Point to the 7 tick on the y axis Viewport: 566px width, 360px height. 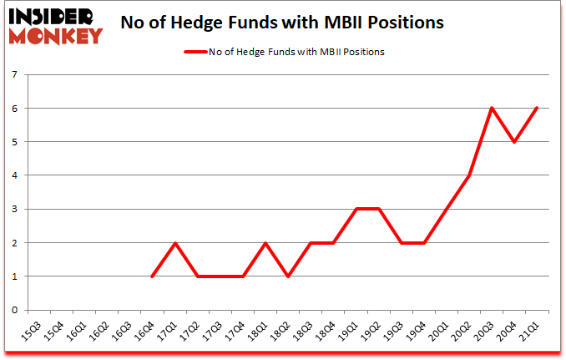click(14, 75)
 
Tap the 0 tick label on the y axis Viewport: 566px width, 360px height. click(14, 310)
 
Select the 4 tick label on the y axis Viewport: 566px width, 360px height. click(14, 175)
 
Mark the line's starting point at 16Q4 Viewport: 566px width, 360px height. click(153, 276)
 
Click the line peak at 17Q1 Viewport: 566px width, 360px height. click(175, 243)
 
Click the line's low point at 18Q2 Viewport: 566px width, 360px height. click(289, 276)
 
